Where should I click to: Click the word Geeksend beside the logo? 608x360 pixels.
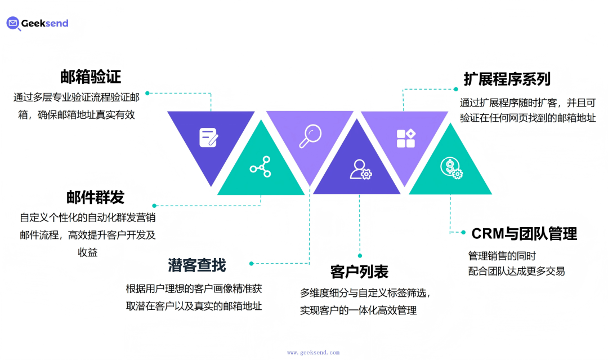click(45, 23)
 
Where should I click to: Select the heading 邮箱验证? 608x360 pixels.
click(91, 77)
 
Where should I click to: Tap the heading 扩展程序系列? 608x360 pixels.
click(507, 79)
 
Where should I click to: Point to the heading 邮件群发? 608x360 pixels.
click(95, 197)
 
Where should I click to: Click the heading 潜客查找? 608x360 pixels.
click(197, 264)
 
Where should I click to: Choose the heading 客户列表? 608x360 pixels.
click(359, 272)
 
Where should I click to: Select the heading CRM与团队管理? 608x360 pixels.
click(524, 233)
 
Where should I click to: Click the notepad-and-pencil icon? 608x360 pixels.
click(208, 137)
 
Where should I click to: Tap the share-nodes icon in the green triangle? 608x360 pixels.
click(260, 167)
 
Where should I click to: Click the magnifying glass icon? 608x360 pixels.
click(310, 136)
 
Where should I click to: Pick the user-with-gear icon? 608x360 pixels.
click(360, 169)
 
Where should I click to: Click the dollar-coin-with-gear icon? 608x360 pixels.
click(450, 167)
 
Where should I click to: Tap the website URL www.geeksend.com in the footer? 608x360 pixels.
click(313, 352)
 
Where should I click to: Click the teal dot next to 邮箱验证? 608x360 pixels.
click(147, 93)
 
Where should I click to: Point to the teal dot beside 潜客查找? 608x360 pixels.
click(252, 263)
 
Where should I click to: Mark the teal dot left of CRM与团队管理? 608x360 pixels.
click(463, 232)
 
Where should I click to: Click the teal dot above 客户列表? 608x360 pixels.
click(360, 255)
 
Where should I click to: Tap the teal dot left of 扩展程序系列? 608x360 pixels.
click(456, 88)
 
